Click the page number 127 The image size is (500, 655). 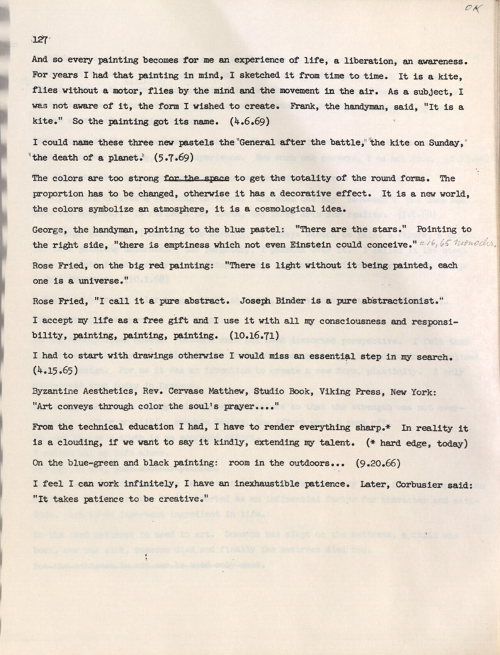pos(39,40)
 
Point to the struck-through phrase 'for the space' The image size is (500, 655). pos(197,178)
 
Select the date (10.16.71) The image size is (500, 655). pos(254,336)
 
